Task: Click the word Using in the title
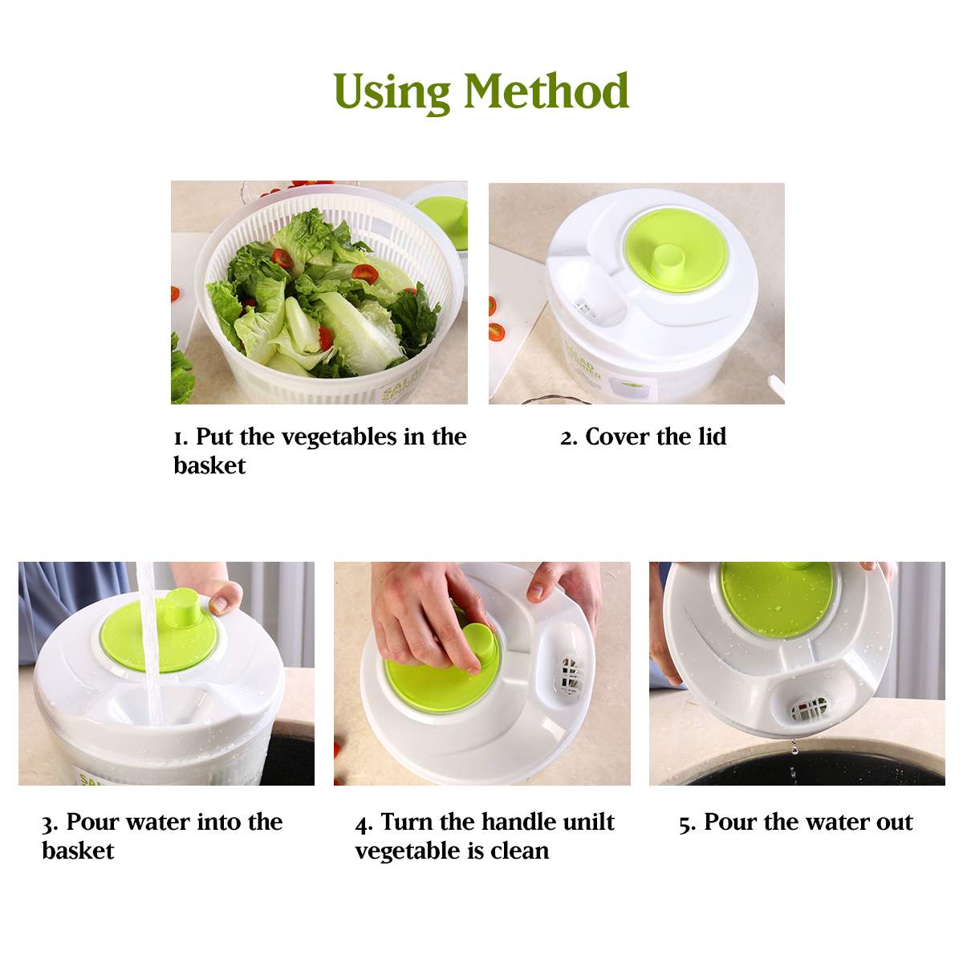[391, 92]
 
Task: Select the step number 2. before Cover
[569, 437]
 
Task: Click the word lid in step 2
[712, 437]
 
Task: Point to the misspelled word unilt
[587, 823]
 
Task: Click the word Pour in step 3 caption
[92, 823]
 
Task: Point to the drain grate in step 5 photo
[808, 709]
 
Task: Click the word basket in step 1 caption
[209, 465]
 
